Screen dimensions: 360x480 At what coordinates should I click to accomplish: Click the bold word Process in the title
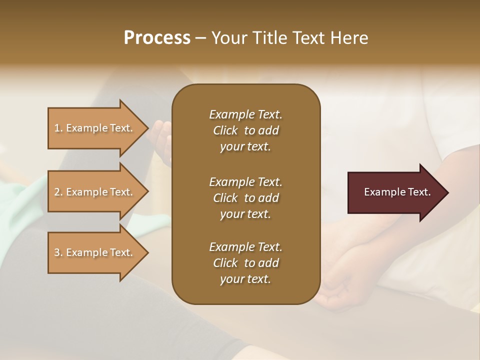pyautogui.click(x=157, y=38)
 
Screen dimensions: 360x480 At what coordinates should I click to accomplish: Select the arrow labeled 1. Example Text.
pyautogui.click(x=95, y=128)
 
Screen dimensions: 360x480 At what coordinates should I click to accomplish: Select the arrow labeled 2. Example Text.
pyautogui.click(x=95, y=192)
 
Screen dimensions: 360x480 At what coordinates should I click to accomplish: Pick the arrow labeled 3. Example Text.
pyautogui.click(x=95, y=252)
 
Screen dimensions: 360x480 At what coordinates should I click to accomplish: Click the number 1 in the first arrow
pyautogui.click(x=57, y=128)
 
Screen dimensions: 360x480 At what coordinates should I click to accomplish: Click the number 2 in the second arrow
pyautogui.click(x=57, y=192)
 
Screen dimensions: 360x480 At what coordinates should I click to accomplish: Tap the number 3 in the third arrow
pyautogui.click(x=57, y=252)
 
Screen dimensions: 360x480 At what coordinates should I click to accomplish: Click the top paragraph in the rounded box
pyautogui.click(x=245, y=130)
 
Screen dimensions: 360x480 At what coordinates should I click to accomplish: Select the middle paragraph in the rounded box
pyautogui.click(x=245, y=198)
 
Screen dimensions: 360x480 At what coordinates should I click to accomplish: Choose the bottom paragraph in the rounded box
pyautogui.click(x=245, y=263)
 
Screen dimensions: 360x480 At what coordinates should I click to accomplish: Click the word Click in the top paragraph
pyautogui.click(x=225, y=130)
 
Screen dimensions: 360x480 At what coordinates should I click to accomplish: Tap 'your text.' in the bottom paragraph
pyautogui.click(x=245, y=279)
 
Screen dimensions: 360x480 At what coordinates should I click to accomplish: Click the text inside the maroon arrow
pyautogui.click(x=397, y=192)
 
